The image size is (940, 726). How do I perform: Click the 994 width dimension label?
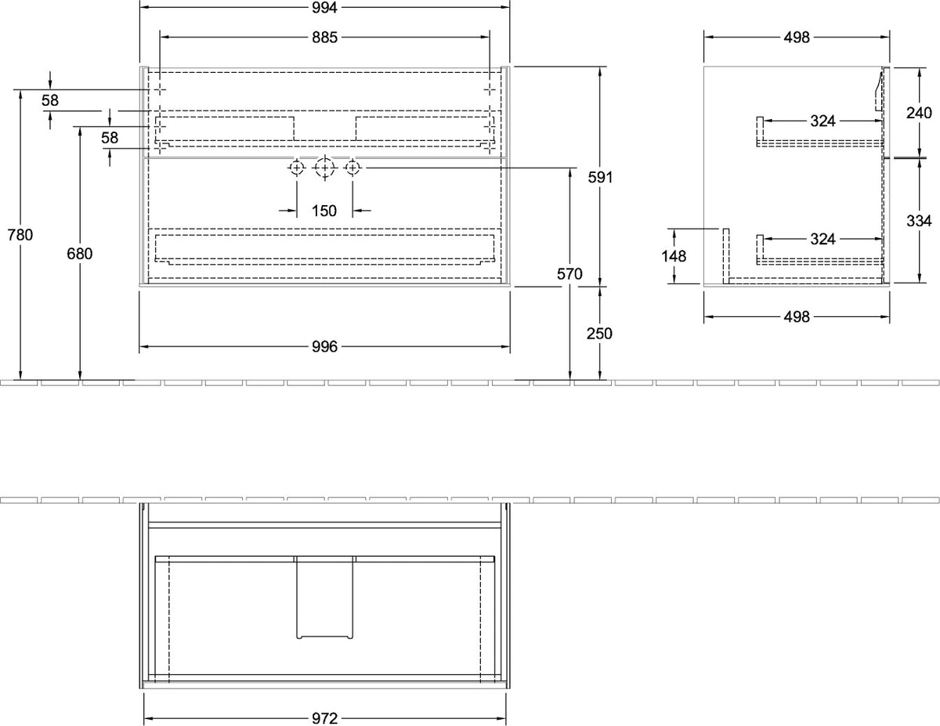324,8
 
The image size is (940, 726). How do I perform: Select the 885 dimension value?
324,38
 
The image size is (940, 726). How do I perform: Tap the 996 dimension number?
324,347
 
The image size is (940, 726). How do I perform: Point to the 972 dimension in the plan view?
324,719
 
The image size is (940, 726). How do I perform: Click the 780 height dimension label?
20,235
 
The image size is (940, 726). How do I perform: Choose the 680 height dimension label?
80,254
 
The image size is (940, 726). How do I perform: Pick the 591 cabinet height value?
600,177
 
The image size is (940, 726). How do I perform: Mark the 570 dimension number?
569,273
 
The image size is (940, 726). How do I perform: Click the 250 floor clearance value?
599,334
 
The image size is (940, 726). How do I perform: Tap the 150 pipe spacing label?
324,211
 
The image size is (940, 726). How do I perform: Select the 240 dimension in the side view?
919,113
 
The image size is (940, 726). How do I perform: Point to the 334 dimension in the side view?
919,221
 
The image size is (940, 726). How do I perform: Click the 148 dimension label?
674,256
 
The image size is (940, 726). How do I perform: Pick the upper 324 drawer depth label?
822,121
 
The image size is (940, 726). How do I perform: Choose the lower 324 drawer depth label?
822,239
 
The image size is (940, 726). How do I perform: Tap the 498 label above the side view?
797,38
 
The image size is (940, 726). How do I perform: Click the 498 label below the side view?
797,317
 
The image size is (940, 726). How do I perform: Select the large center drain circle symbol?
324,168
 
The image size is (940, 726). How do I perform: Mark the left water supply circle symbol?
297,168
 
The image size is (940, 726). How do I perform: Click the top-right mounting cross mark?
490,89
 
